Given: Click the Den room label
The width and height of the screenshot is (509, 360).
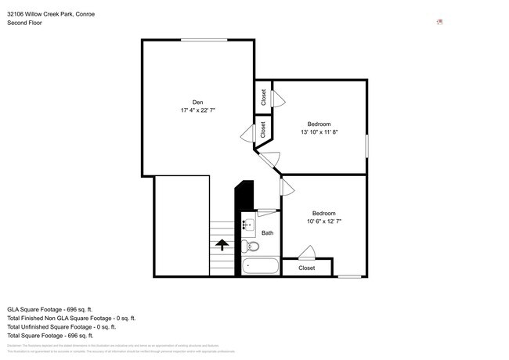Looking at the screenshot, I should pos(197,102).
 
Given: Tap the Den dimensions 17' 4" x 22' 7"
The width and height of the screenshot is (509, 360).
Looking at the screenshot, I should pos(197,111).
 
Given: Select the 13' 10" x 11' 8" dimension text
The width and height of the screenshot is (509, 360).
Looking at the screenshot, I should pos(319,133).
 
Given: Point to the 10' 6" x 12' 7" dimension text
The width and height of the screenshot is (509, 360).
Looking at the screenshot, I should pos(323,222).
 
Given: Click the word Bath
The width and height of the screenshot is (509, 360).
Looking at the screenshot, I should pos(267,233).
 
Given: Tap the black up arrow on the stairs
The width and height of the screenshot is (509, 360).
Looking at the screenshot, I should pos(222,244).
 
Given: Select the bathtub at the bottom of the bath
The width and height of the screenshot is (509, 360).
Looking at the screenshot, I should pos(260,266).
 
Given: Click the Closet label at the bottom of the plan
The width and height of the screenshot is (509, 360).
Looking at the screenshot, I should pos(306,268).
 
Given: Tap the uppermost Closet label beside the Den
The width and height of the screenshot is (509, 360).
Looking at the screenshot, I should pos(264,97).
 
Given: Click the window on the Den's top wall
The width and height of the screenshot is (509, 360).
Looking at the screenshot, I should pos(199,40).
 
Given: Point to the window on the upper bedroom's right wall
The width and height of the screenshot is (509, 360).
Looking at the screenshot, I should pos(366,146).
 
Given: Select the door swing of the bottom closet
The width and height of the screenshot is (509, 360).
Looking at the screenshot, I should pos(306,252).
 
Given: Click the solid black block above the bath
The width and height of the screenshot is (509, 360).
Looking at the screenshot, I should pos(245,195).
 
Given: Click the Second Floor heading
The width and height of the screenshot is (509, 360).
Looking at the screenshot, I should pos(24,23).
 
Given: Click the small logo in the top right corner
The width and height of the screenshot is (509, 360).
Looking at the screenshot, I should pos(439,22).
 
